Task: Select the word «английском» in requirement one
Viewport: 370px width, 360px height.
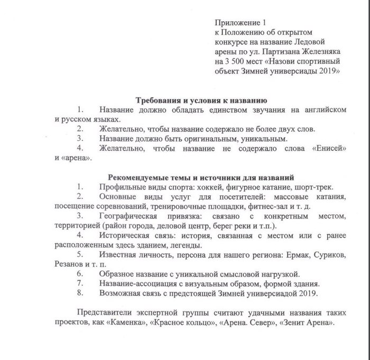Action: point(325,110)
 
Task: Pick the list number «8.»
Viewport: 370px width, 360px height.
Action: point(80,293)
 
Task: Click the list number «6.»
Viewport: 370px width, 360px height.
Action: point(80,274)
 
